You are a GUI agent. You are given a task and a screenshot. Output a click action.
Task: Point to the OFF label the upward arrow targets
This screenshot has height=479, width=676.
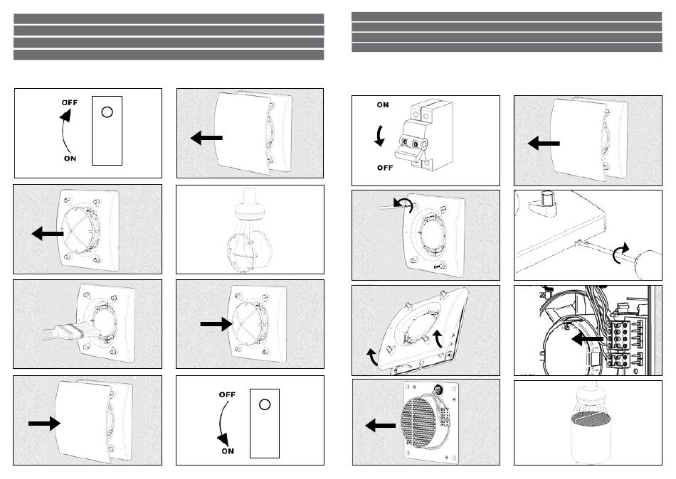[x=69, y=102]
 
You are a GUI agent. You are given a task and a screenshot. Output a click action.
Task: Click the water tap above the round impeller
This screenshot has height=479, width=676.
[x=249, y=200]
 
